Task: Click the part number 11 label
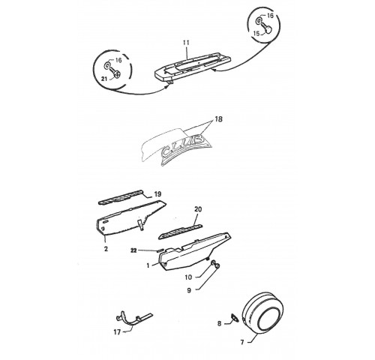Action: point(186,43)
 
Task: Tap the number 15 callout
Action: point(256,33)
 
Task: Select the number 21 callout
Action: point(104,79)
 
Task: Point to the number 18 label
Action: point(218,119)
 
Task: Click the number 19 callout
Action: point(157,194)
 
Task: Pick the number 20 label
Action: point(198,209)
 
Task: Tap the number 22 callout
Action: point(134,250)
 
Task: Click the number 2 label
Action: point(106,249)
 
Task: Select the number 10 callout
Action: point(188,277)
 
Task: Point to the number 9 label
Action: point(189,290)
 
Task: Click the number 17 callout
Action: point(117,332)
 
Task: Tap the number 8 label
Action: point(219,324)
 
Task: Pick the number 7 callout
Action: point(242,342)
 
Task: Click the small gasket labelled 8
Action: point(235,318)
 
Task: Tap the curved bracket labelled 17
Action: point(133,318)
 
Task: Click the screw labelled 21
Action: point(115,73)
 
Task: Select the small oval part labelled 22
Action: point(160,250)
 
